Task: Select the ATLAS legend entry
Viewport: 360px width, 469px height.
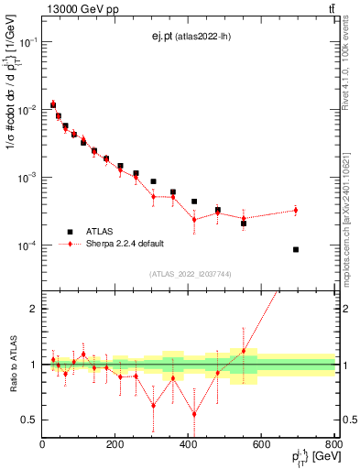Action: pyautogui.click(x=98, y=232)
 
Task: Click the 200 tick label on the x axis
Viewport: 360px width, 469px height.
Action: pyautogui.click(x=115, y=444)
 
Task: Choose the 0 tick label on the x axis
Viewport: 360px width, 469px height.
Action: pyautogui.click(x=43, y=444)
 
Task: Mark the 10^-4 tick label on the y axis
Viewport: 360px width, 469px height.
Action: pyautogui.click(x=26, y=245)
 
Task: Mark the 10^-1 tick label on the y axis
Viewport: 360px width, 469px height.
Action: pyautogui.click(x=26, y=42)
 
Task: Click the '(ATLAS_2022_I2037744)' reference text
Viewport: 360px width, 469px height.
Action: pyautogui.click(x=190, y=274)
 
